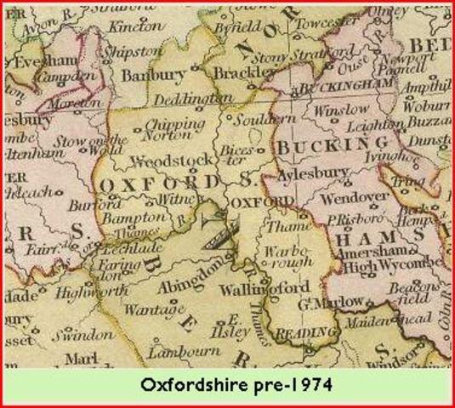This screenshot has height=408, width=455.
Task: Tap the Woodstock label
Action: point(163,160)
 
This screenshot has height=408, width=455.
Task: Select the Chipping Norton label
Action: point(170,130)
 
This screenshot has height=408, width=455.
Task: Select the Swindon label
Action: point(93,334)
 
